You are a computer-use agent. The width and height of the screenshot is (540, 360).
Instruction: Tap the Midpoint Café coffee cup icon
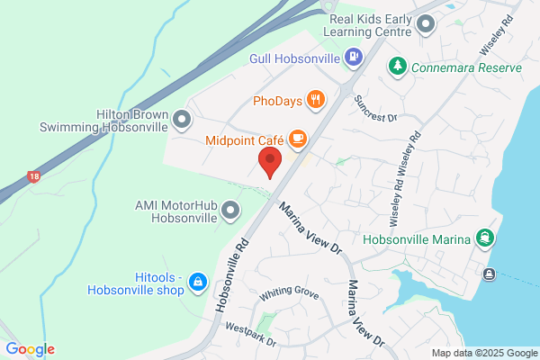coord(298,139)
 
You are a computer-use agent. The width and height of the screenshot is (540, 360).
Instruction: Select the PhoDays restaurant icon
coord(315,99)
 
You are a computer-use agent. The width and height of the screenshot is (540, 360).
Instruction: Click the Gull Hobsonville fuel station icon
coord(355,58)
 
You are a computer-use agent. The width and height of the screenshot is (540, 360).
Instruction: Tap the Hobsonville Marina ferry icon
coord(486,239)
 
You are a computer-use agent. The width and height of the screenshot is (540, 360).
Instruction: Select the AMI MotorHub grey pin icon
coord(230,211)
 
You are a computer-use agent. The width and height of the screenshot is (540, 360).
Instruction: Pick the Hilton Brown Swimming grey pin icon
coord(183,120)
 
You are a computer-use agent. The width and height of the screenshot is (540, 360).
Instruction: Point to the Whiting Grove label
coord(290,294)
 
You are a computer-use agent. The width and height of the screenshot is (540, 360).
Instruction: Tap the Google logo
coord(30,349)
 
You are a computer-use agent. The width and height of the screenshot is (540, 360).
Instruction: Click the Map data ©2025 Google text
coord(483,353)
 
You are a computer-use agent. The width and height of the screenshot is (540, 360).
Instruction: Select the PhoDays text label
coord(277,99)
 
